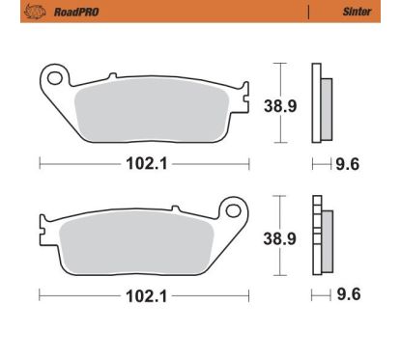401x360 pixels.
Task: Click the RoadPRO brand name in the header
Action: [76, 13]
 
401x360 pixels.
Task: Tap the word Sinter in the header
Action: [357, 12]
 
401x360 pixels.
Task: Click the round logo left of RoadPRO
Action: [35, 12]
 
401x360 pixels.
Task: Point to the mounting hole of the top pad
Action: [54, 77]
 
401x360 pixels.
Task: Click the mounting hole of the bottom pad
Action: [233, 210]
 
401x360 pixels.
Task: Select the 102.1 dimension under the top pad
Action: [147, 164]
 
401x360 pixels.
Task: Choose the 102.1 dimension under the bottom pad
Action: [147, 296]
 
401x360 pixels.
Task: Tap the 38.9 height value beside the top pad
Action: [280, 106]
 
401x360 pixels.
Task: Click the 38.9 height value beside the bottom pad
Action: [279, 238]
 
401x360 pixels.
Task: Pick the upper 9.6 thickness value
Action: [348, 164]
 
